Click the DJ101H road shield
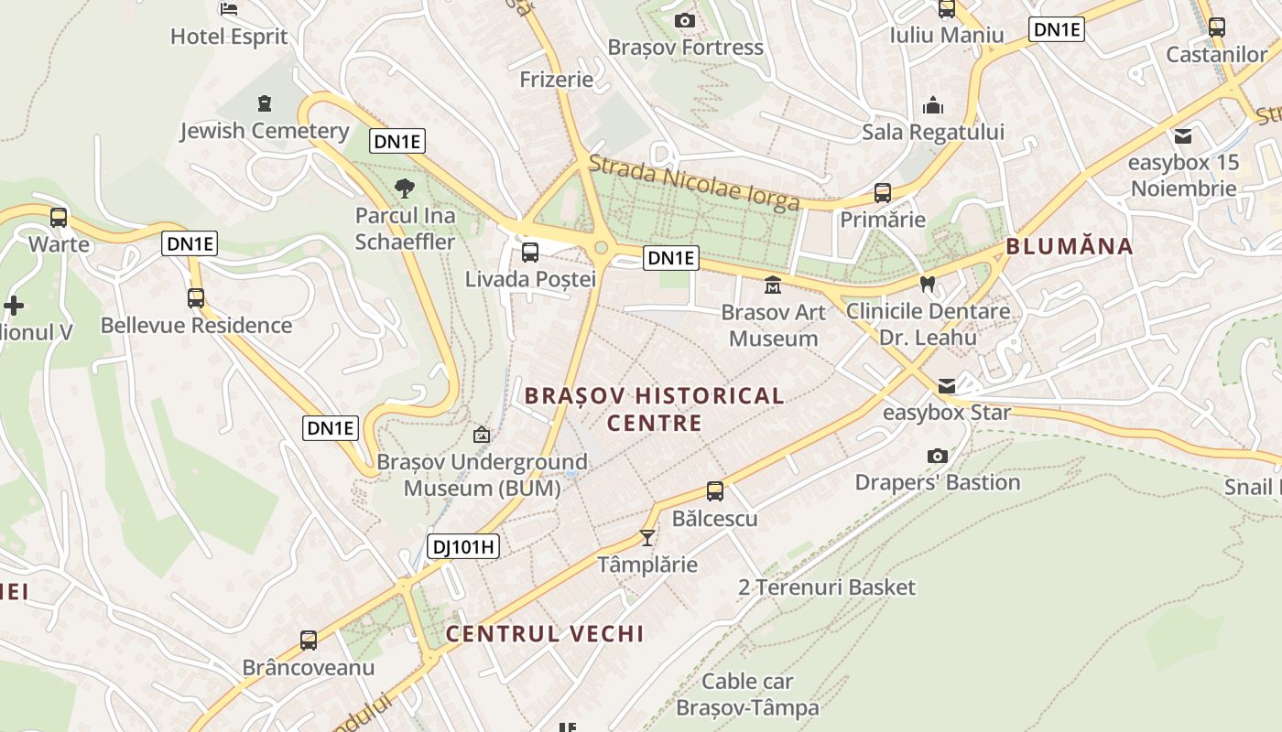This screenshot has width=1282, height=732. pos(463,547)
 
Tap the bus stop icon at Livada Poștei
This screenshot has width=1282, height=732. pos(530,253)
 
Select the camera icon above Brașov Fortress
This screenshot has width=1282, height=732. pos(684,20)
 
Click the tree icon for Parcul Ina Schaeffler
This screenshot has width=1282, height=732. pos(404,188)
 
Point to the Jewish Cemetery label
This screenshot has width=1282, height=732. pos(264,131)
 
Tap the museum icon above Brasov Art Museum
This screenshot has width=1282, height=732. pos(773,285)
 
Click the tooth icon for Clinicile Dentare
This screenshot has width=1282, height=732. pos(928,284)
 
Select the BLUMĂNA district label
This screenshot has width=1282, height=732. pos(1070,246)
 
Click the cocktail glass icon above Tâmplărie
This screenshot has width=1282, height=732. pos(647,537)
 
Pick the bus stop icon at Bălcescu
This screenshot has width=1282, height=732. pos(715,491)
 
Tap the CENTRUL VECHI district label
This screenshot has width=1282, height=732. pos(545,633)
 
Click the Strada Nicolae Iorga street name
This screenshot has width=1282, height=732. pos(694,182)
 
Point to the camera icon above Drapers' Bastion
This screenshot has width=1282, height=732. pos(937,456)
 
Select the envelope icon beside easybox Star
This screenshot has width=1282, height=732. pos(946,386)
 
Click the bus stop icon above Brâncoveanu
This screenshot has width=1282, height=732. pos(309,640)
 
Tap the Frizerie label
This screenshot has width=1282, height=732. pos(557,80)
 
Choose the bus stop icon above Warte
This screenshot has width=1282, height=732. pos(59,218)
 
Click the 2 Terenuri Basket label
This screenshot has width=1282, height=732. pos(827,587)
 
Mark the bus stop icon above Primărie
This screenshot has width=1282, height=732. pos(883,193)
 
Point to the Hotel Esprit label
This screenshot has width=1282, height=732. pos(229,37)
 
